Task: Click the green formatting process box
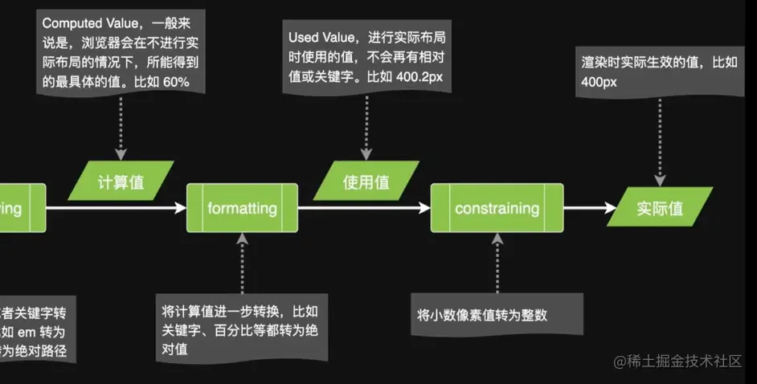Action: pos(242,209)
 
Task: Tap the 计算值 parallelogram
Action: pos(121,182)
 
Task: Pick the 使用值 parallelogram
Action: pos(366,182)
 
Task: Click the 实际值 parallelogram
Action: pos(660,209)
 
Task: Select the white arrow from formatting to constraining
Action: pos(364,209)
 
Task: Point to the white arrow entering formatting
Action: pos(117,209)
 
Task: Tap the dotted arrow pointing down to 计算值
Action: pos(121,125)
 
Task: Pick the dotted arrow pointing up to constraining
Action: pos(497,261)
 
